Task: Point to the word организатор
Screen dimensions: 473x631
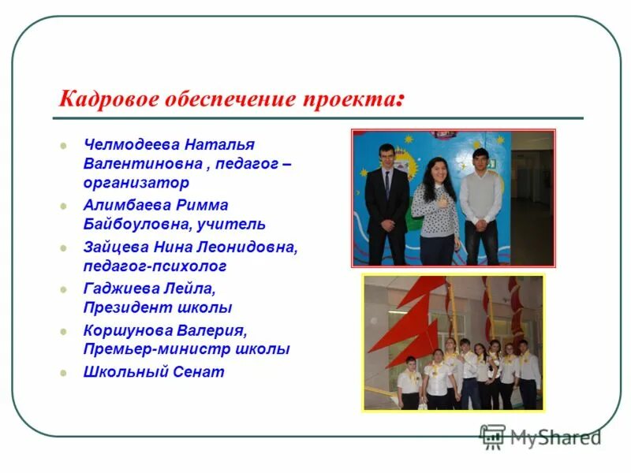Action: click(x=136, y=183)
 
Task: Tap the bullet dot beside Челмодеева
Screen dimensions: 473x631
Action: click(x=64, y=146)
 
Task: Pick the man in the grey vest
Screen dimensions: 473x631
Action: click(x=480, y=205)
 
